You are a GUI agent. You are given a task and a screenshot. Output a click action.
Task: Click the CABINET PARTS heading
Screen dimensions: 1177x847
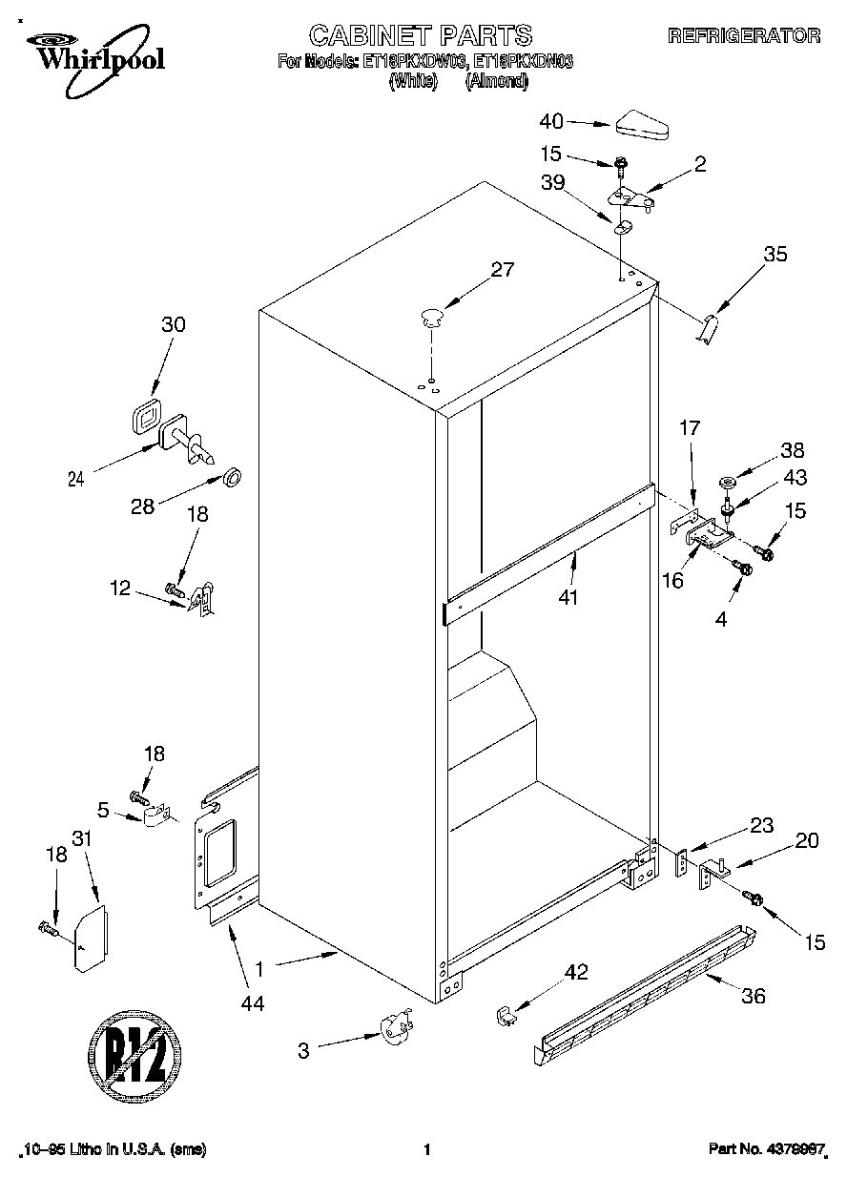pos(421,36)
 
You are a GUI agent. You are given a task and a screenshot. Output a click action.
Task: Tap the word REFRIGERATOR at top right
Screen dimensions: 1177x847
pos(744,36)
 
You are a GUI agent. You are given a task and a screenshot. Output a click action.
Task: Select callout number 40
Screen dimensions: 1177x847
pos(551,121)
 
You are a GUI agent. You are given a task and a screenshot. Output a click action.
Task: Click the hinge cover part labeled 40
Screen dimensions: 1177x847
pos(645,125)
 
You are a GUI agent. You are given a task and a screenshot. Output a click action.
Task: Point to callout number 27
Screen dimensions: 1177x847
pos(502,270)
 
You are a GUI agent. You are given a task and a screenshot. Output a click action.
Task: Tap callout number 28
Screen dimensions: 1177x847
pos(142,506)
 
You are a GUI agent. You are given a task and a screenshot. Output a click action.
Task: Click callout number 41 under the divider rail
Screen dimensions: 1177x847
pos(571,598)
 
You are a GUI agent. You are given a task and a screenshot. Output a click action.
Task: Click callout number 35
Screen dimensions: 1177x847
pos(775,255)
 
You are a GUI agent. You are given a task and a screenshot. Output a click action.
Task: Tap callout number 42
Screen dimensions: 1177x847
pos(576,972)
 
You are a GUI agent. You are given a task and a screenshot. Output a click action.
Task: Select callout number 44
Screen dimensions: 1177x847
pos(252,1002)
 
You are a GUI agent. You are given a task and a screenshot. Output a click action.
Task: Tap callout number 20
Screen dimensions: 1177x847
pos(807,840)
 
